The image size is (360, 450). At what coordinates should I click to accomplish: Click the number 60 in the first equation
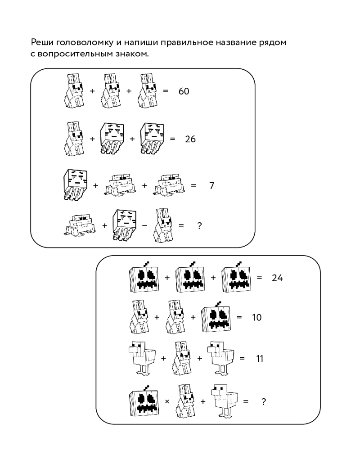coord(184,91)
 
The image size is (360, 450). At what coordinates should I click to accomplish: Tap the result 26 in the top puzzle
coord(190,139)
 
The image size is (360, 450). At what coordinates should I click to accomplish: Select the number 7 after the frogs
coord(211,186)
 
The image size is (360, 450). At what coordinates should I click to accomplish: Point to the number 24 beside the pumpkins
coord(277,278)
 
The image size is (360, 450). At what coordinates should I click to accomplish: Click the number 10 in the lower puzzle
coord(256,317)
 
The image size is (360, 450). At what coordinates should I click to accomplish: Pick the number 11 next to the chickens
coord(260,359)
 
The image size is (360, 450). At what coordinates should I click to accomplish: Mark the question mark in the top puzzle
coord(200,225)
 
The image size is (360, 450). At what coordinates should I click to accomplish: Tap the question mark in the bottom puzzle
coord(264,401)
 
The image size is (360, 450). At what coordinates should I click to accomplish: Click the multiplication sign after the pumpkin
coord(167,402)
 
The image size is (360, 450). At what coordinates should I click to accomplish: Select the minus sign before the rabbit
coord(144,225)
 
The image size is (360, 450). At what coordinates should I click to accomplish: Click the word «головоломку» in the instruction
coord(85,43)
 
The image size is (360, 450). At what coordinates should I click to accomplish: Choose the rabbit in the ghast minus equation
coord(163,225)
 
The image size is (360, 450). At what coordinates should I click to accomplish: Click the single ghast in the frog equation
coord(75,185)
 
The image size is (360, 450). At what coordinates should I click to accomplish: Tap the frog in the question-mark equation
coord(79,225)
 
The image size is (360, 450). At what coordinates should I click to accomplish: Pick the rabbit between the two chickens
coord(182,358)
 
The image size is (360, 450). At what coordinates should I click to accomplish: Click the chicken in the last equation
coord(224,401)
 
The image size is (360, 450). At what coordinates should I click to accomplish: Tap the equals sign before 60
coord(165,91)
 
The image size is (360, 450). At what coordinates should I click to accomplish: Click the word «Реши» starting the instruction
coord(42,42)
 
